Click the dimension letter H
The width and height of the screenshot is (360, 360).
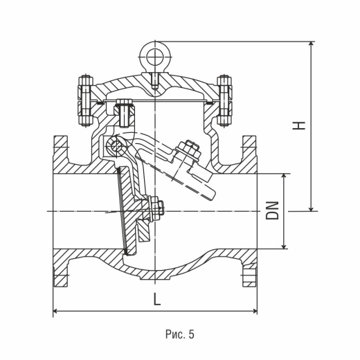point(299,125)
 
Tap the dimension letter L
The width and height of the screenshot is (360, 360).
point(157,298)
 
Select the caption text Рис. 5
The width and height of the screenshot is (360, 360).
point(180,334)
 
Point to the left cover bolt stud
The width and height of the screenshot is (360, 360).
point(86,100)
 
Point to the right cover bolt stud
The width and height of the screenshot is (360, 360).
point(224,100)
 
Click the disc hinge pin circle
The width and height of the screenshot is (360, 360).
point(115,145)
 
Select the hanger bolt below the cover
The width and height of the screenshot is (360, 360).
point(125,113)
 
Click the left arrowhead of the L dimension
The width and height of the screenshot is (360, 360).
point(55,311)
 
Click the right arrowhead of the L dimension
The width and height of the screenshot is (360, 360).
point(255,311)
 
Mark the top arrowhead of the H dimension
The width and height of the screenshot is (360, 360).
point(312,44)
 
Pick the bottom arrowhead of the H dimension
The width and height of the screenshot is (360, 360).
point(312,208)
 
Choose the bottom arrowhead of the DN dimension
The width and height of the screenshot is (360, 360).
point(284,246)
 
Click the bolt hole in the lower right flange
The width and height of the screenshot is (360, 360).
point(249,276)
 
